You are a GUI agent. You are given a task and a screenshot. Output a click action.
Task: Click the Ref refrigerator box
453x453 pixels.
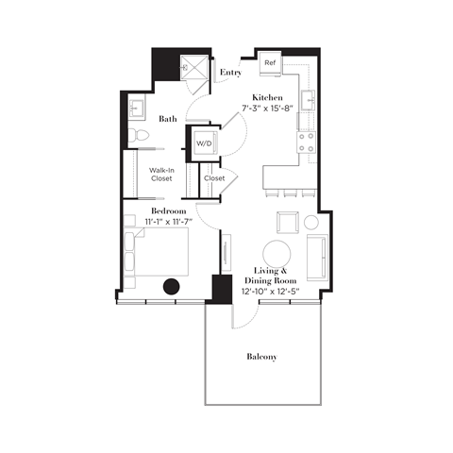(x=270, y=63)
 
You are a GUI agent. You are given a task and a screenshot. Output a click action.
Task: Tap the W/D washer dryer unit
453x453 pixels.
(x=205, y=143)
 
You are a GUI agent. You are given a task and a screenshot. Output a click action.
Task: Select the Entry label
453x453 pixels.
(x=229, y=72)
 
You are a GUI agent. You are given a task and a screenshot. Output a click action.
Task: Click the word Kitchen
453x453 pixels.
(x=268, y=97)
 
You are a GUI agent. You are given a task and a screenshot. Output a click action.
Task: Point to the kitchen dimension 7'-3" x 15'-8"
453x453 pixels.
(x=268, y=109)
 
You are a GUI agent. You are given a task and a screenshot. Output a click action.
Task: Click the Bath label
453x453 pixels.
(x=168, y=119)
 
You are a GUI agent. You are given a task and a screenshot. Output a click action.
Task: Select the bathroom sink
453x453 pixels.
(x=135, y=106)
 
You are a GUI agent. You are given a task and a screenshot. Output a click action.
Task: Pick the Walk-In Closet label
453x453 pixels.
(x=159, y=175)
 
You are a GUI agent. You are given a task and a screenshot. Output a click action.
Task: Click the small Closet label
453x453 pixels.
(x=214, y=176)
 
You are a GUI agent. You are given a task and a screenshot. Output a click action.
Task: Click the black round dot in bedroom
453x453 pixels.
(x=171, y=288)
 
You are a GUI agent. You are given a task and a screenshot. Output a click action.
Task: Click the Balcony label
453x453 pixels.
(x=261, y=356)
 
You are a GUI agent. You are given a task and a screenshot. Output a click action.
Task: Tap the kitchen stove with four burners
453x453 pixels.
(x=308, y=143)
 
